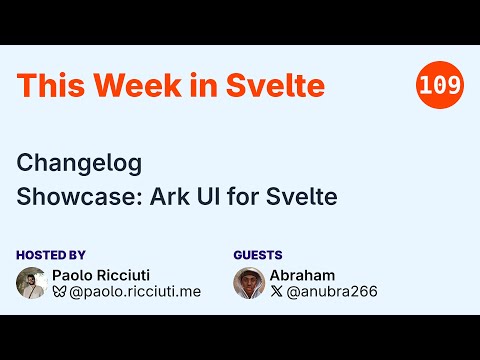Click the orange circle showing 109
click(x=440, y=86)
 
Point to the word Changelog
click(x=79, y=163)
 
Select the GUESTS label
click(x=258, y=255)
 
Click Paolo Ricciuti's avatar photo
click(x=32, y=283)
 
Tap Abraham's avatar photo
click(x=249, y=283)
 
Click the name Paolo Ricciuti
click(x=108, y=275)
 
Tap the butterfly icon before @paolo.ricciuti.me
click(x=60, y=292)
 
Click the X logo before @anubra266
click(x=277, y=292)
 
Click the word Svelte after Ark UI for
click(x=305, y=196)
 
